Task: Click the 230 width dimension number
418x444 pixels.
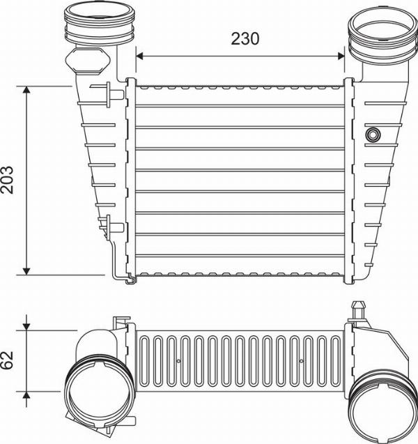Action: tap(245, 39)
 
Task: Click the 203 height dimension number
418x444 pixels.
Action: tap(10, 180)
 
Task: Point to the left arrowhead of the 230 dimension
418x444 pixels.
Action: tap(139, 55)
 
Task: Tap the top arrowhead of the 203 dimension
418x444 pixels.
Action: tap(26, 91)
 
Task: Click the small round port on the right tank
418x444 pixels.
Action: tap(373, 133)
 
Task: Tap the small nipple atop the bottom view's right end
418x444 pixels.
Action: tap(359, 307)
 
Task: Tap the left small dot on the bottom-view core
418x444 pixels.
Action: tap(178, 361)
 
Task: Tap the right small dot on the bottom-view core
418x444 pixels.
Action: tap(300, 361)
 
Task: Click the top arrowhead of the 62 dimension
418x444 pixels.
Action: tap(26, 327)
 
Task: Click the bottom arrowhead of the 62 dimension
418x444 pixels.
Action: tap(26, 395)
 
